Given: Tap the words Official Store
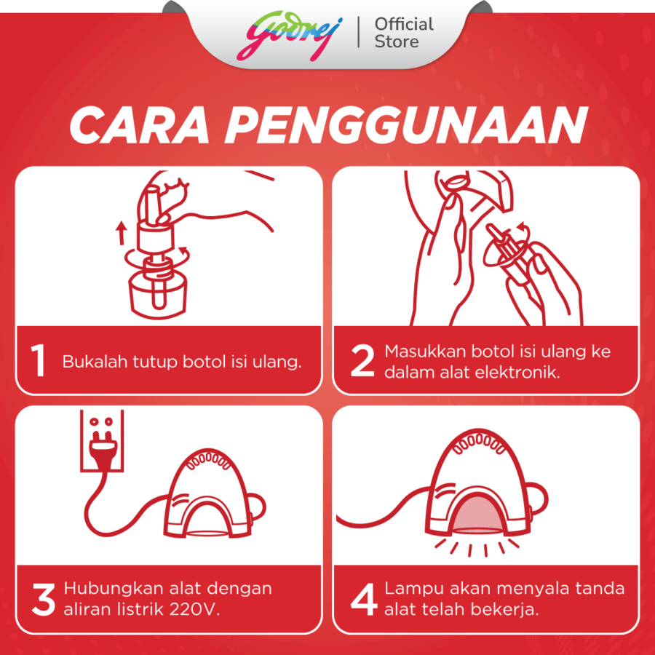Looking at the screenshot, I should point(403,33).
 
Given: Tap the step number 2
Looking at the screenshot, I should point(362,362).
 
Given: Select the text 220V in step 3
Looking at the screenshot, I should point(197,609).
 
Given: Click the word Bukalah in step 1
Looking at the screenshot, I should point(90,362).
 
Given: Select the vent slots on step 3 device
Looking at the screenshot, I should point(210,459).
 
